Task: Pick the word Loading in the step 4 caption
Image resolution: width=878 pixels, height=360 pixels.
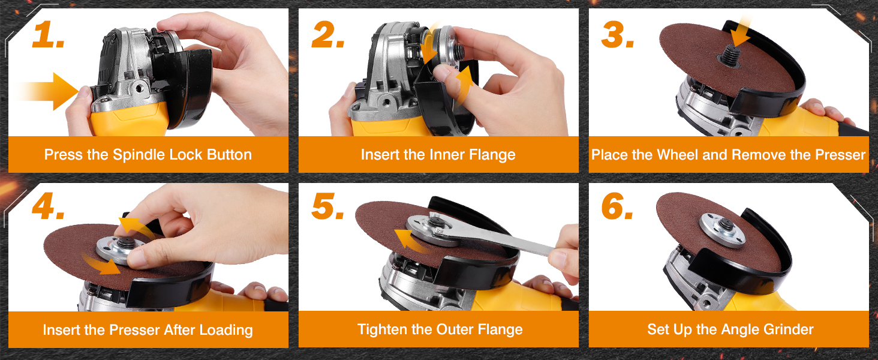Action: (225, 330)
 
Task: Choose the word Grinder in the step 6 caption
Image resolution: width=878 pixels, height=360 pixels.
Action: (789, 329)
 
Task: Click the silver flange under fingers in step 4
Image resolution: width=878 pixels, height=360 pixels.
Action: (118, 250)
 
